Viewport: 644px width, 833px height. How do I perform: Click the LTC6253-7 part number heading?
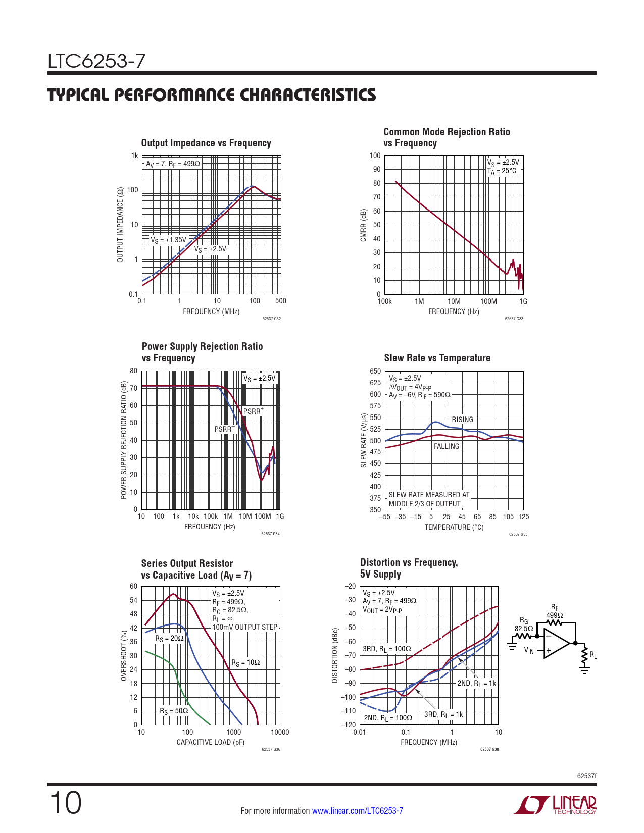coord(96,61)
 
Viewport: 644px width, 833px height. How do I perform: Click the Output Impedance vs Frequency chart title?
coord(206,143)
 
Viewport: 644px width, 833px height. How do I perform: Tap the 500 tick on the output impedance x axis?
coord(281,301)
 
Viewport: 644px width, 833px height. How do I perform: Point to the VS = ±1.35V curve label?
coord(168,240)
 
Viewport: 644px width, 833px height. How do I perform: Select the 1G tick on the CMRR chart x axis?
coord(523,301)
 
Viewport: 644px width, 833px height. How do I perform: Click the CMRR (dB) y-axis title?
coord(363,225)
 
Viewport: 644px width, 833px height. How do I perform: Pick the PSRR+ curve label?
coord(254,411)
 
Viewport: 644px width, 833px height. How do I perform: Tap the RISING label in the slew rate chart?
coord(462,420)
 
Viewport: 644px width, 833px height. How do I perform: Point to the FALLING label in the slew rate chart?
coord(447,446)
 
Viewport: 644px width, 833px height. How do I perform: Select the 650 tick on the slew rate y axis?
coord(375,371)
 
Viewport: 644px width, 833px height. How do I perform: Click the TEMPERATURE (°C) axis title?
coord(454,527)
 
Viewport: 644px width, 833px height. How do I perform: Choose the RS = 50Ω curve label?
coord(174,711)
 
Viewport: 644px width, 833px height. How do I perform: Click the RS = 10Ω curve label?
coord(245,662)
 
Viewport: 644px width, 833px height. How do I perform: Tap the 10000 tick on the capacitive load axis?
coord(280,732)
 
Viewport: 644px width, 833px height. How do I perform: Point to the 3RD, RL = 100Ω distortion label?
coord(387,649)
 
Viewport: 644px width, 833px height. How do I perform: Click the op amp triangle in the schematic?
coord(556,643)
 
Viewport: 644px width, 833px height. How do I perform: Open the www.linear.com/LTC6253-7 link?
coord(358,811)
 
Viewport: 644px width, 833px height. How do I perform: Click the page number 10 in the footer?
coord(66,803)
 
